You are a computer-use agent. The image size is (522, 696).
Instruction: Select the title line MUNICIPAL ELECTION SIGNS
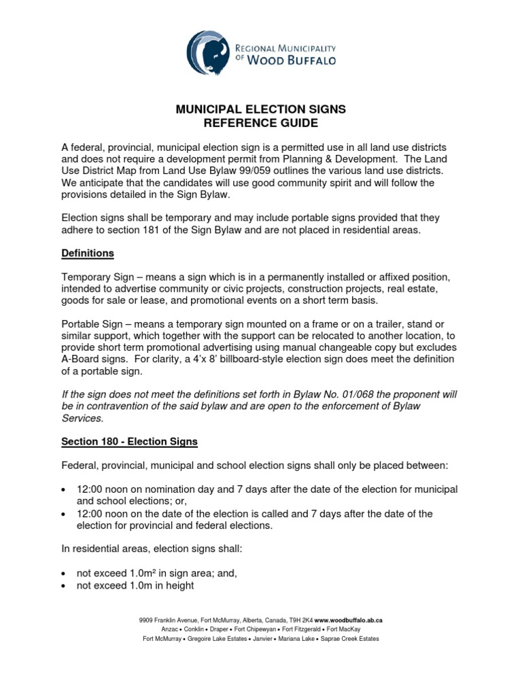coord(261,109)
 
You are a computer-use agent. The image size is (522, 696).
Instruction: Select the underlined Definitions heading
coord(88,254)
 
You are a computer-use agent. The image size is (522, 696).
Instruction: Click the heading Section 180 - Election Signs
coord(129,441)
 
